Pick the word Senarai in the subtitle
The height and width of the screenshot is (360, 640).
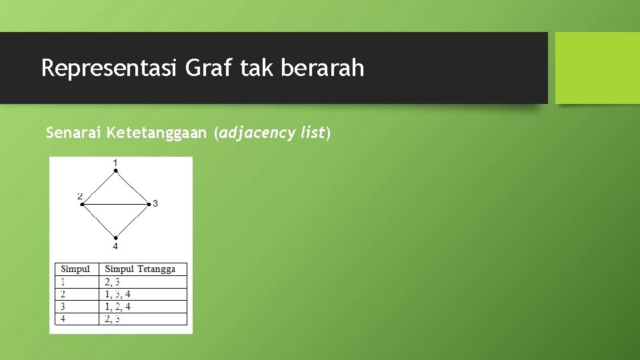71,133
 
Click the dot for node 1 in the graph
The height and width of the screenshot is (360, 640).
115,171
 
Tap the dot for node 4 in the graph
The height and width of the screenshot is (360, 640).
115,237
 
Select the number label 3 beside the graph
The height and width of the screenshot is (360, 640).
155,203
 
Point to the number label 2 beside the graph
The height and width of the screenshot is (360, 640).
79,196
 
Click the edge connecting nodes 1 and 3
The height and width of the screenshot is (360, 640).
132,187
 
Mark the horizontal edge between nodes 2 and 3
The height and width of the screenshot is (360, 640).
115,204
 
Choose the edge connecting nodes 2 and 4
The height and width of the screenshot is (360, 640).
99,221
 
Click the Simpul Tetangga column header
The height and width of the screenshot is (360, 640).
140,269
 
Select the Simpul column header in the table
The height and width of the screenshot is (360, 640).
75,269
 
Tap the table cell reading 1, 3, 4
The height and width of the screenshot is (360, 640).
117,294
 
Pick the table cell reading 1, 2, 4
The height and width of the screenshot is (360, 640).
117,307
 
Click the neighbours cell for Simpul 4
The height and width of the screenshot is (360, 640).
113,319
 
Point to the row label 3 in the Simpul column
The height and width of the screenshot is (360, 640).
63,307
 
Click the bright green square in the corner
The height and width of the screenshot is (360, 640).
597,68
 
